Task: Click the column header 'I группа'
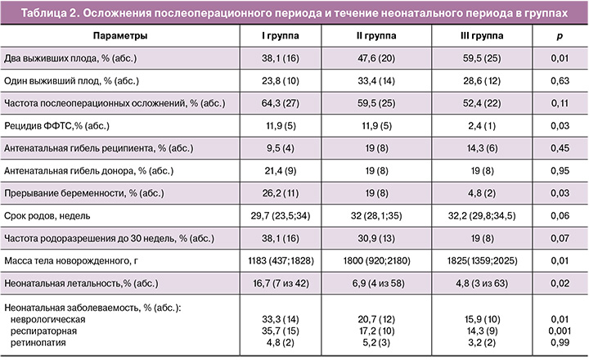coord(278,38)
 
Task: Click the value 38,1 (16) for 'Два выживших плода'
coord(278,60)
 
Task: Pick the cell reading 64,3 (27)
coord(278,104)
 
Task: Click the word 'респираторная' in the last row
coord(46,330)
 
